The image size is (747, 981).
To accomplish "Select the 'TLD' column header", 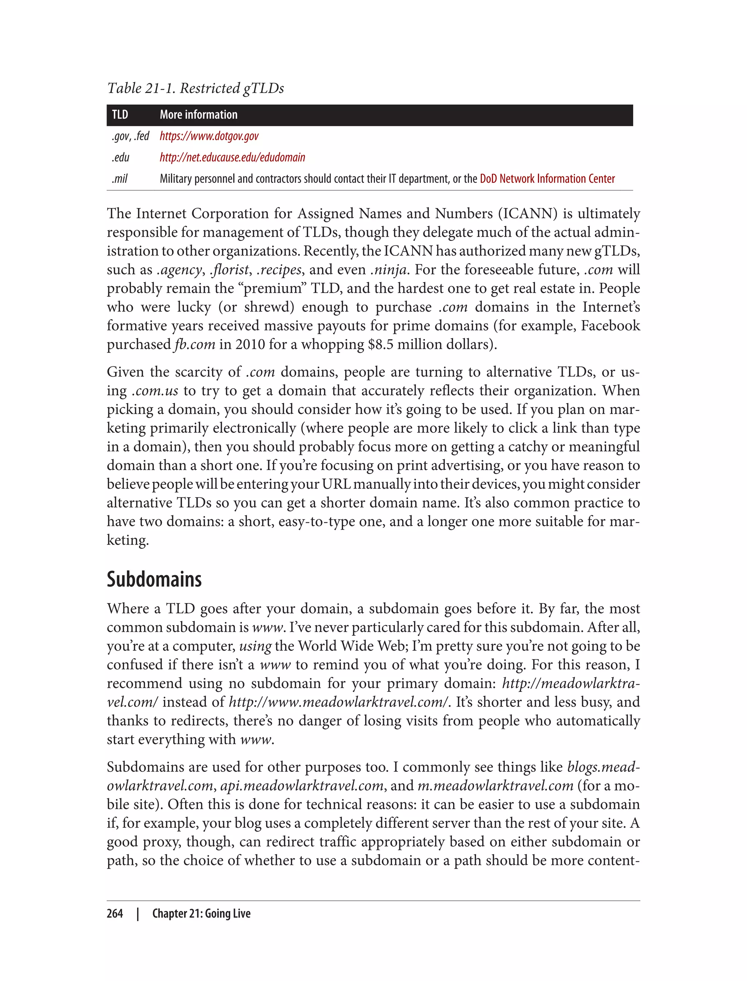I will tap(120, 115).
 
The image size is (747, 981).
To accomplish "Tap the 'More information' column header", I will tap(198, 115).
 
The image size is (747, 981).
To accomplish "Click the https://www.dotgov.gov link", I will tap(209, 136).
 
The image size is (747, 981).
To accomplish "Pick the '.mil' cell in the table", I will tap(120, 179).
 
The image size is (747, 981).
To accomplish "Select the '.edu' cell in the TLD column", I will tap(120, 158).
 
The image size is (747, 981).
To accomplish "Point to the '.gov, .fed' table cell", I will tap(130, 136).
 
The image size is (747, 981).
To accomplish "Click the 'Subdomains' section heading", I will tap(154, 579).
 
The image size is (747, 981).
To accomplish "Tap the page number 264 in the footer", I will tap(115, 913).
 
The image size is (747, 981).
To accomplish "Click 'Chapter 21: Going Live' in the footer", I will tap(201, 913).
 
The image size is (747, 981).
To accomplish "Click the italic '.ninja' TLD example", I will tap(388, 270).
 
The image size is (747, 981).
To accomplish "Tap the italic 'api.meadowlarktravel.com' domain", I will tap(302, 786).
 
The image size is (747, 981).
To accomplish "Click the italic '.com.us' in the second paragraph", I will tap(155, 391).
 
